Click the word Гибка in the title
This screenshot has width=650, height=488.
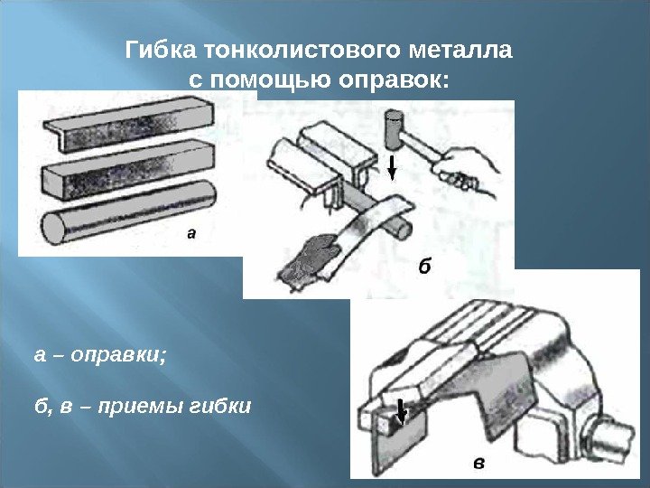click(x=161, y=51)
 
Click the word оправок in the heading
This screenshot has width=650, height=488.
click(x=394, y=80)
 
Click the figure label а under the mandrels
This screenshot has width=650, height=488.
click(x=190, y=234)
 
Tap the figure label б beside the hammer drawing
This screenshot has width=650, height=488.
click(x=424, y=266)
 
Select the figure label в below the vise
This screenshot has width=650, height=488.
click(x=478, y=463)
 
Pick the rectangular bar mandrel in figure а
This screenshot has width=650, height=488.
click(x=128, y=169)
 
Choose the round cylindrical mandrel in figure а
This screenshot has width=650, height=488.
click(x=128, y=213)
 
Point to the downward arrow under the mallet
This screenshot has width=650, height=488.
click(x=392, y=168)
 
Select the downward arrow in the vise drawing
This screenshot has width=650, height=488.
click(x=401, y=412)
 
